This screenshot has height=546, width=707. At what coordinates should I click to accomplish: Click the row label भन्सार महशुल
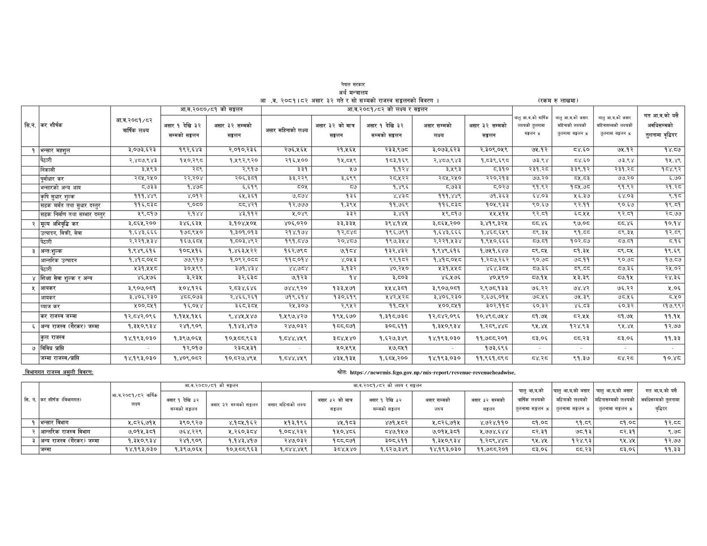(55, 151)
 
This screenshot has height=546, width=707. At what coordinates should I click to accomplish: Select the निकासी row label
(47, 170)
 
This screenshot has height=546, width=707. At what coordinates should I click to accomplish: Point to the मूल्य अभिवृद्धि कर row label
(59, 224)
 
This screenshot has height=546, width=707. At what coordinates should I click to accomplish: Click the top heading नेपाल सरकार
(353, 84)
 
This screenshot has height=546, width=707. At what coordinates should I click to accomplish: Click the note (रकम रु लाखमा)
(558, 101)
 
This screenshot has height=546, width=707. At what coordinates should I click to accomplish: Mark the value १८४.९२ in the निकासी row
(661, 170)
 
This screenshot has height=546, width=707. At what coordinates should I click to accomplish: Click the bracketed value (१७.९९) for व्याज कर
(661, 306)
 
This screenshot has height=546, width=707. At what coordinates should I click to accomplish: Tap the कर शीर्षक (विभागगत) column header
(60, 400)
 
